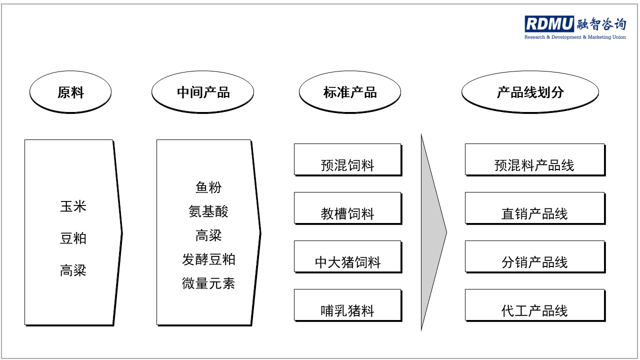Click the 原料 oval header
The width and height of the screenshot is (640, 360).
(70, 92)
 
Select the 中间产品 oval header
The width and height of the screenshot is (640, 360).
(203, 92)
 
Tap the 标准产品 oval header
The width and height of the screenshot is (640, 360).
(350, 92)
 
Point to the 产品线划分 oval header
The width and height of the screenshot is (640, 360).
(530, 92)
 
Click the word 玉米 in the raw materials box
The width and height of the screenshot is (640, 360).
(73, 206)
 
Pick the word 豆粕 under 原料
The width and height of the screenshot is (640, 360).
(73, 238)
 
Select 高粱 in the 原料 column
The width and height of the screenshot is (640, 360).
(73, 270)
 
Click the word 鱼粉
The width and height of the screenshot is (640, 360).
(208, 187)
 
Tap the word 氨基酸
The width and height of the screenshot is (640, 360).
(208, 211)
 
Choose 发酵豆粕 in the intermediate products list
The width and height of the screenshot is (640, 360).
(208, 259)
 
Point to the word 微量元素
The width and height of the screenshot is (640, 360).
(208, 283)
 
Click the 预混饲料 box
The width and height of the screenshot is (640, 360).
(348, 159)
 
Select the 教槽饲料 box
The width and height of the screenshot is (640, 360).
(348, 208)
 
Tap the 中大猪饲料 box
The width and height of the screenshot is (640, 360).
(348, 257)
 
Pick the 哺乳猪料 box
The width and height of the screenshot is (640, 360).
(348, 305)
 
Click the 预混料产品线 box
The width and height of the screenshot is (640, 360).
(535, 159)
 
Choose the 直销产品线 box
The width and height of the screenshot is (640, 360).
(535, 208)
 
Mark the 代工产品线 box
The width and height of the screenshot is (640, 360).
(535, 305)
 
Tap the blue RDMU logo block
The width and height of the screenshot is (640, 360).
(549, 23)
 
